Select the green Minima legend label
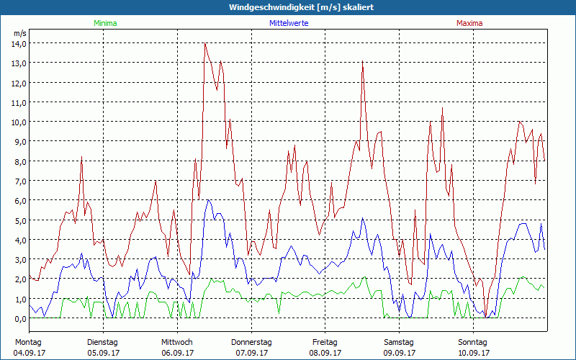105,24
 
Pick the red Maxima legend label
469,24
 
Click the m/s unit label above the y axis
19,33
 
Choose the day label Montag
28,342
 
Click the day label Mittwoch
177,342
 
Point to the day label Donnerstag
251,342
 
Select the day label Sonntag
473,342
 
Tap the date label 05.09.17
103,353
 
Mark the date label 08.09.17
325,353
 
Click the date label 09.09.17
400,353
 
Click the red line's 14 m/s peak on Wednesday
205,43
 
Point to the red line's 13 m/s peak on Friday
363,63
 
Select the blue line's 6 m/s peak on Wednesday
208,200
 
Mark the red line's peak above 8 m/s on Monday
82,157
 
